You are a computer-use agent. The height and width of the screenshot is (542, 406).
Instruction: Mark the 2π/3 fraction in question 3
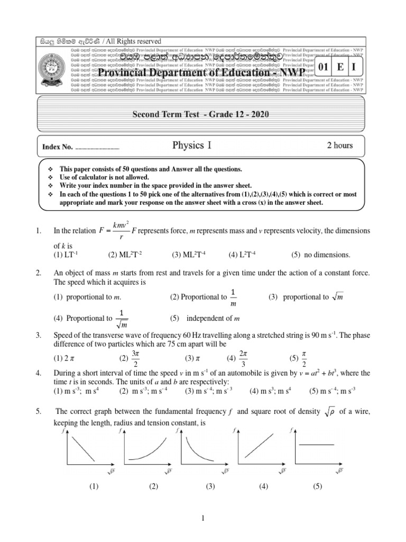point(243,358)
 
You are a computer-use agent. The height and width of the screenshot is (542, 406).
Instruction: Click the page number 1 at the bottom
point(202,520)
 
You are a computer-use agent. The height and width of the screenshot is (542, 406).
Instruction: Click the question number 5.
point(38,411)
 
